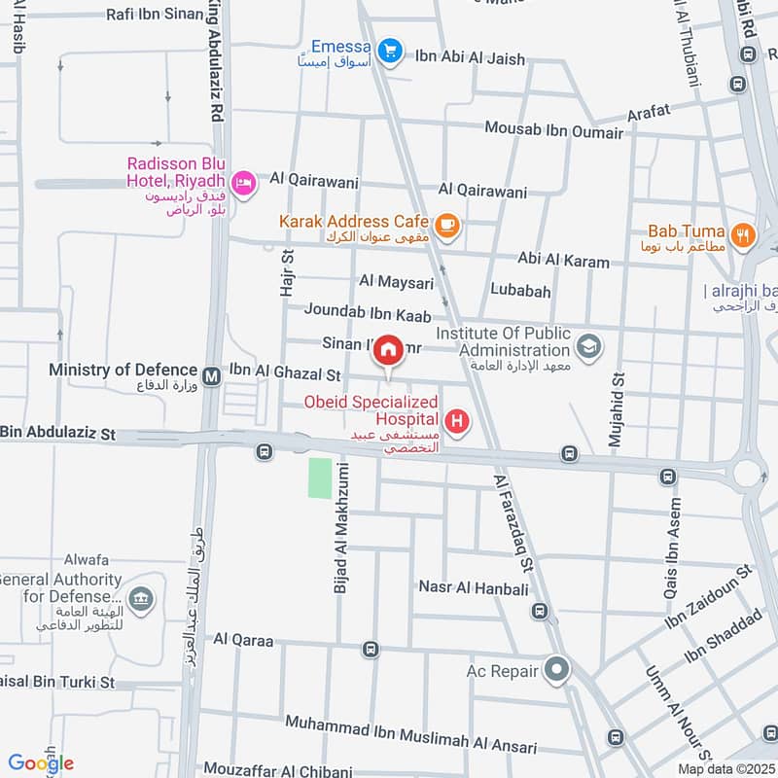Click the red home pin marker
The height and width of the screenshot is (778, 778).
(x=389, y=351)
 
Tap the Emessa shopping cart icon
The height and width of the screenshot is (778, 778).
(x=391, y=50)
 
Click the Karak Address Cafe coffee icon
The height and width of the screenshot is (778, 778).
(x=446, y=225)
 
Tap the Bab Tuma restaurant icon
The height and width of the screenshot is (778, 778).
(x=743, y=233)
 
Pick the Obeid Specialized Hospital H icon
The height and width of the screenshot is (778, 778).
(x=455, y=422)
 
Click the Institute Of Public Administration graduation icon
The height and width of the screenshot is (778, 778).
(x=587, y=345)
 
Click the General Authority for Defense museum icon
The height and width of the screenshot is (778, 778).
(x=140, y=598)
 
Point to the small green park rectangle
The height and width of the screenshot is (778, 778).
(x=320, y=478)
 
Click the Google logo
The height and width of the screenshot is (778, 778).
(x=41, y=763)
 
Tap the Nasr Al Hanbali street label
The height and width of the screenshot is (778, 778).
(x=473, y=588)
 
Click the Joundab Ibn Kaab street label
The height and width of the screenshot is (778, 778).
(x=368, y=312)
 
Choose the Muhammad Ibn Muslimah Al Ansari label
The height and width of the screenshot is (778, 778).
(x=410, y=736)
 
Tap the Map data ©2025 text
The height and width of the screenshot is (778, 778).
(x=725, y=768)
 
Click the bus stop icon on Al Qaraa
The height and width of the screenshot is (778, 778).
(x=370, y=649)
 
